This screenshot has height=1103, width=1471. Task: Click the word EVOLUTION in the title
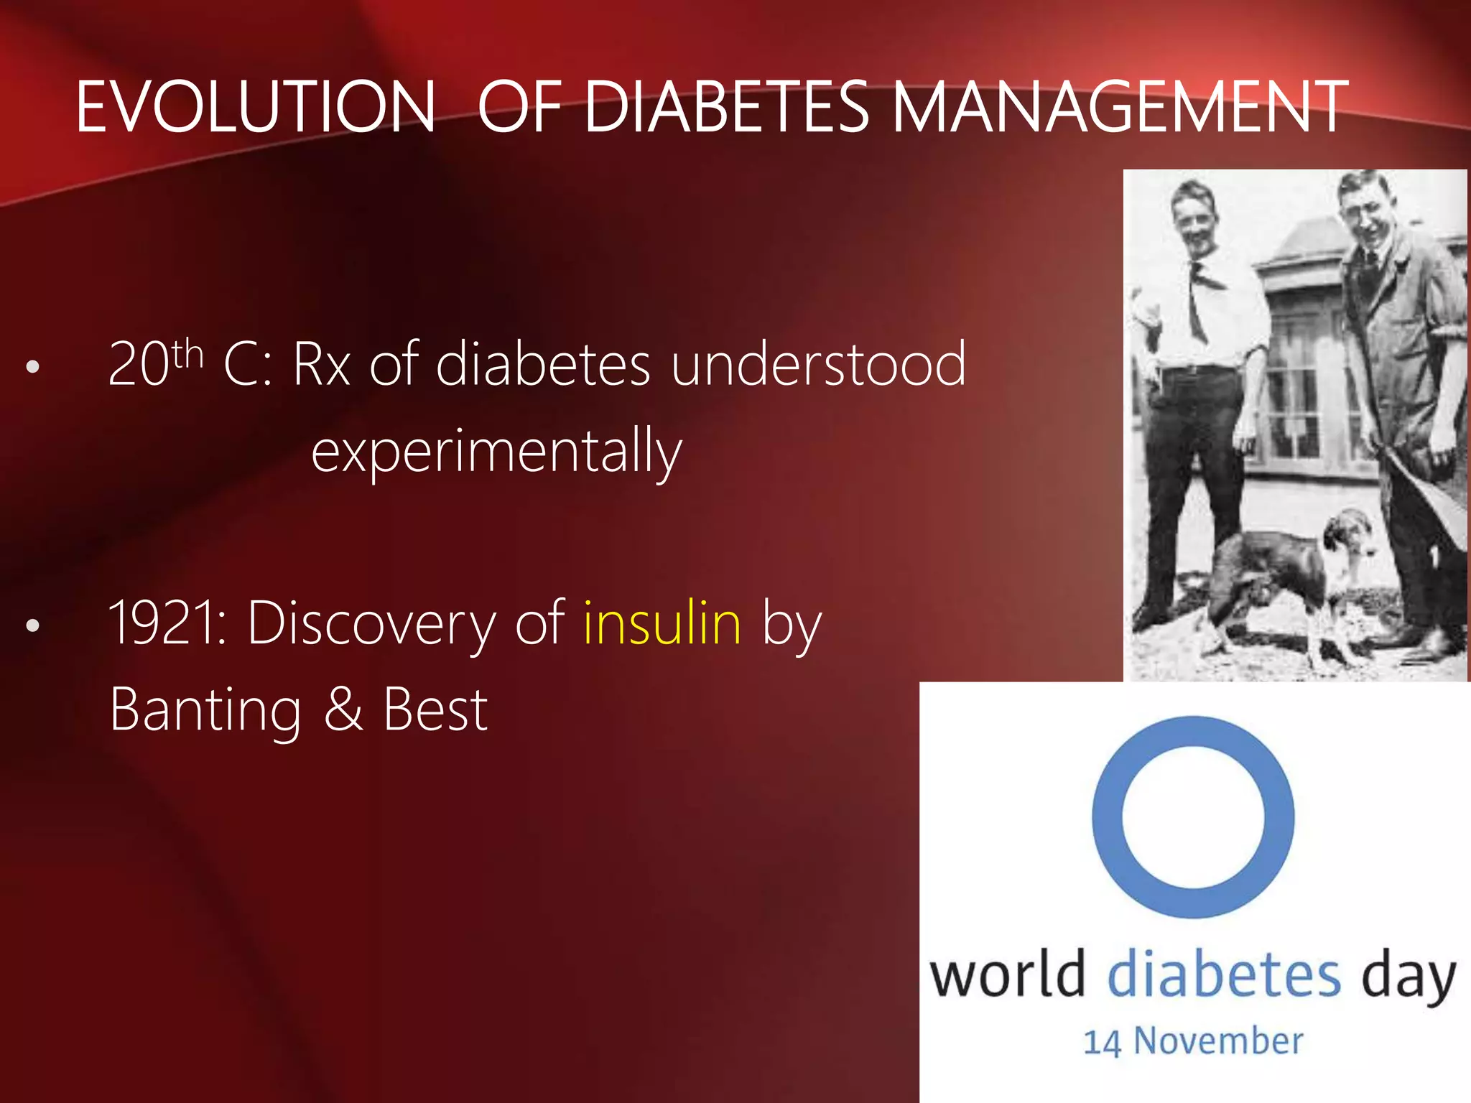(x=255, y=108)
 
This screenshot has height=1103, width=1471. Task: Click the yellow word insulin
(x=662, y=623)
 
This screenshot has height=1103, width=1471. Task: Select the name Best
(x=435, y=709)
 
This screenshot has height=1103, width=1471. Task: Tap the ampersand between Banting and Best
(x=343, y=709)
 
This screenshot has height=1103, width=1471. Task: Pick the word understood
(x=818, y=365)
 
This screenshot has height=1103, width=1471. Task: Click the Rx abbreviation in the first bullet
(x=321, y=365)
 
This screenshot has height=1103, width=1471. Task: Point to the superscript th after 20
(x=188, y=353)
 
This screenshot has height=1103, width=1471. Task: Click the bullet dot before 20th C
(x=32, y=367)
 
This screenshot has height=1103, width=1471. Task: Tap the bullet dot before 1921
(x=32, y=625)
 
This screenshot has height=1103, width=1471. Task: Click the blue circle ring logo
(x=1193, y=816)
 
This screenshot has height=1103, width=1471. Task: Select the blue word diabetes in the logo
(x=1223, y=974)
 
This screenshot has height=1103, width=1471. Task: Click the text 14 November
(x=1193, y=1041)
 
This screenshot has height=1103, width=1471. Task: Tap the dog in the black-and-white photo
(x=1286, y=574)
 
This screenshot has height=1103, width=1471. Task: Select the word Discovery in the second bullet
(x=371, y=623)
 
